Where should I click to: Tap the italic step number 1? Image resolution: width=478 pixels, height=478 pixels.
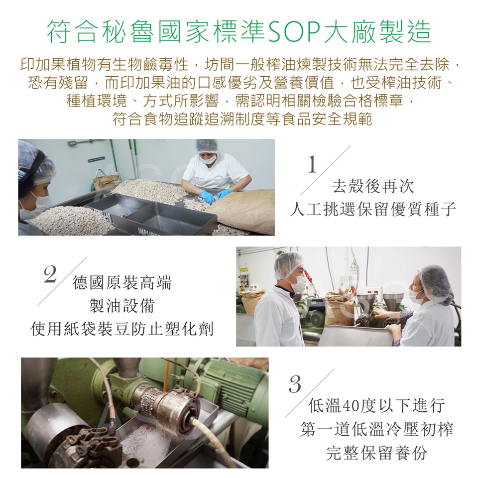coord(312,164)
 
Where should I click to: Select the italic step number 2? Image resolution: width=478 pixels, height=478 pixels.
coord(50,274)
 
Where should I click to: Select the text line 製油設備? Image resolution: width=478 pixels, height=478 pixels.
coord(122,305)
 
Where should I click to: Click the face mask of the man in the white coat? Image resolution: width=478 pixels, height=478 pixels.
coord(298,283)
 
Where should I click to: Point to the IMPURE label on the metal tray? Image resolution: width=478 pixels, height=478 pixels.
coord(149,233)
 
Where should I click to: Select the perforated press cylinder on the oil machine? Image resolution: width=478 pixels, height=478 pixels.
coord(149,399)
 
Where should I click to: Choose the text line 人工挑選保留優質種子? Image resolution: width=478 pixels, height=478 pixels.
coord(372,210)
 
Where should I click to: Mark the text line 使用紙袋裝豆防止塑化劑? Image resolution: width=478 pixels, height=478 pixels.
coord(122,329)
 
